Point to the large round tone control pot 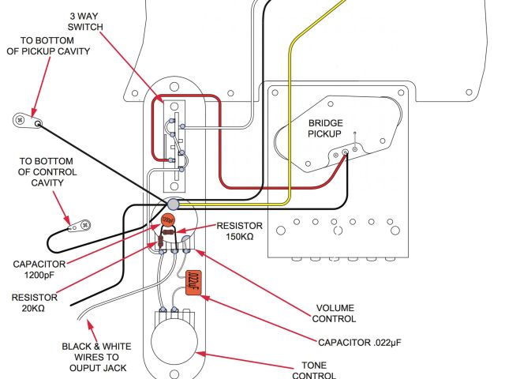174,343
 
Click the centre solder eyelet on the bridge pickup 345,152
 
